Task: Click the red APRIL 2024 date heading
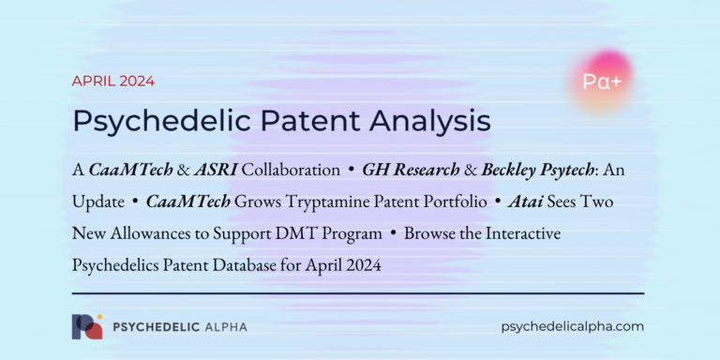point(113,81)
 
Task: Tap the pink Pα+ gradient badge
point(601,82)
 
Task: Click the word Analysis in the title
point(419,121)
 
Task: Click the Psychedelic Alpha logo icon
point(86,326)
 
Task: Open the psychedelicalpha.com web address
point(574,326)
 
